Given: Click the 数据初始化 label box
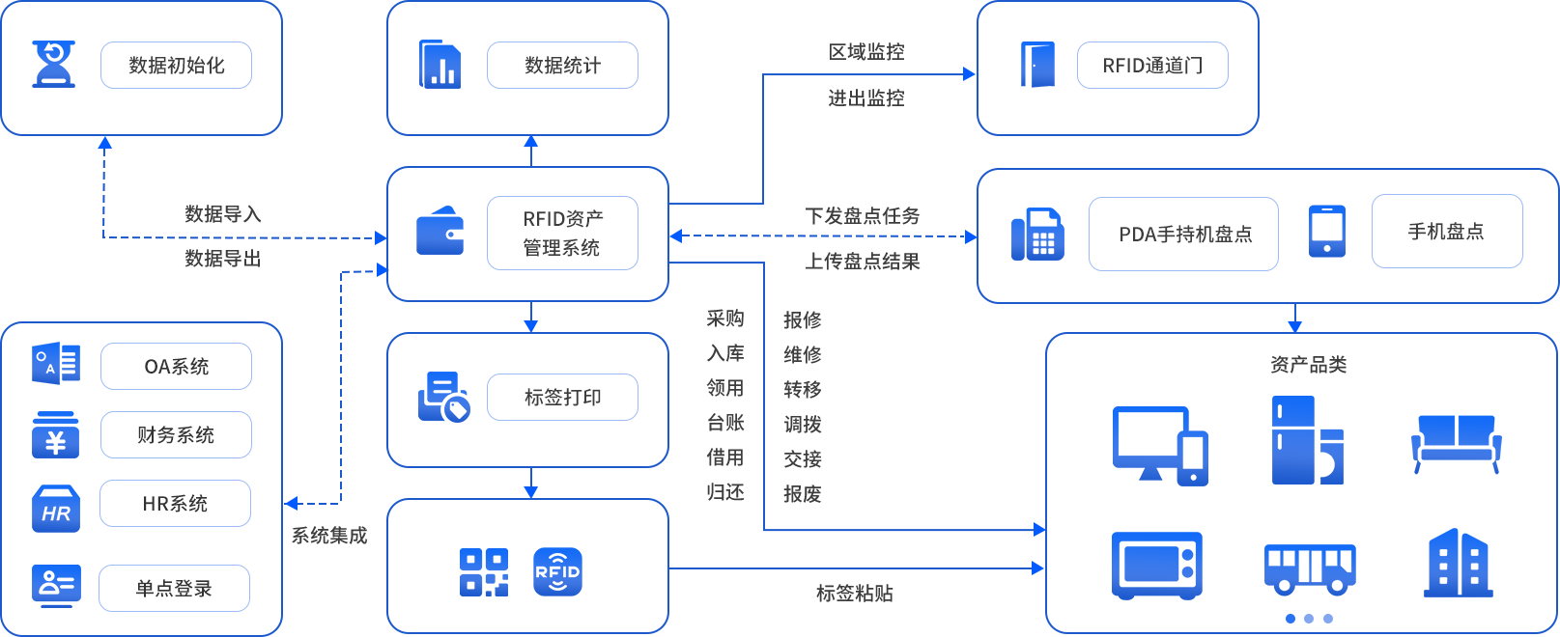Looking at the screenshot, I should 176,66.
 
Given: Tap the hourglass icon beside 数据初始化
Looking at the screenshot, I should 53,65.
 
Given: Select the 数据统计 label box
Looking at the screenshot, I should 562,66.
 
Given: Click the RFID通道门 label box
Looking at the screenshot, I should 1152,66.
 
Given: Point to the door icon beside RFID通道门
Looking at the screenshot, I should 1037,65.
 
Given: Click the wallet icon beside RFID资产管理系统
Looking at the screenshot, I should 440,232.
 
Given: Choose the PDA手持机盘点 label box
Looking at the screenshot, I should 1183,235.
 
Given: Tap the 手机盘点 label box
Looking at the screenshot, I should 1447,232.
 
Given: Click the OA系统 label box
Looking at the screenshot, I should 176,367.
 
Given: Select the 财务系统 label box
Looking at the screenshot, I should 176,435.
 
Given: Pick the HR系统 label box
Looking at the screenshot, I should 175,504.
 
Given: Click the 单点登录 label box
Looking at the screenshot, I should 174,589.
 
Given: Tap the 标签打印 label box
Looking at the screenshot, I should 562,398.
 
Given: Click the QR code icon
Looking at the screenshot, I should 483,572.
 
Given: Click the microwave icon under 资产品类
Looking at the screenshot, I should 1156,565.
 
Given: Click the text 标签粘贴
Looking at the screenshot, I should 854,594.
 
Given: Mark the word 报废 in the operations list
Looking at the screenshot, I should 802,494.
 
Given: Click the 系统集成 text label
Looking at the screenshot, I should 329,536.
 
